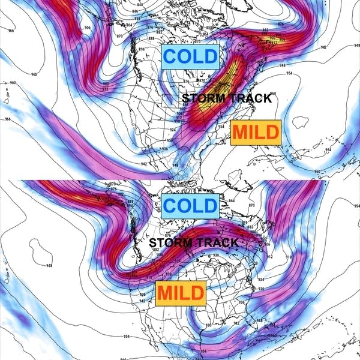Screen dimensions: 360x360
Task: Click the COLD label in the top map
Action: click(x=190, y=57)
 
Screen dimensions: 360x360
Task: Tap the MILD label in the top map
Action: click(x=255, y=133)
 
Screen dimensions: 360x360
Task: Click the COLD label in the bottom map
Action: click(x=190, y=206)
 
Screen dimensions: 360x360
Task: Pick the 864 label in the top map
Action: click(x=130, y=25)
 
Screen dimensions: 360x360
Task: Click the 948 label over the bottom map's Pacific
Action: click(x=47, y=265)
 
